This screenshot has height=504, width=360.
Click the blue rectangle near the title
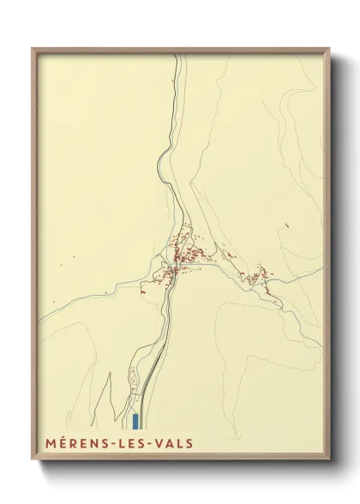click(135, 420)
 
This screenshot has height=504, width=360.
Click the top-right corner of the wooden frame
click(330, 49)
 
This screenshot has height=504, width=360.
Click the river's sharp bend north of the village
click(162, 159)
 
